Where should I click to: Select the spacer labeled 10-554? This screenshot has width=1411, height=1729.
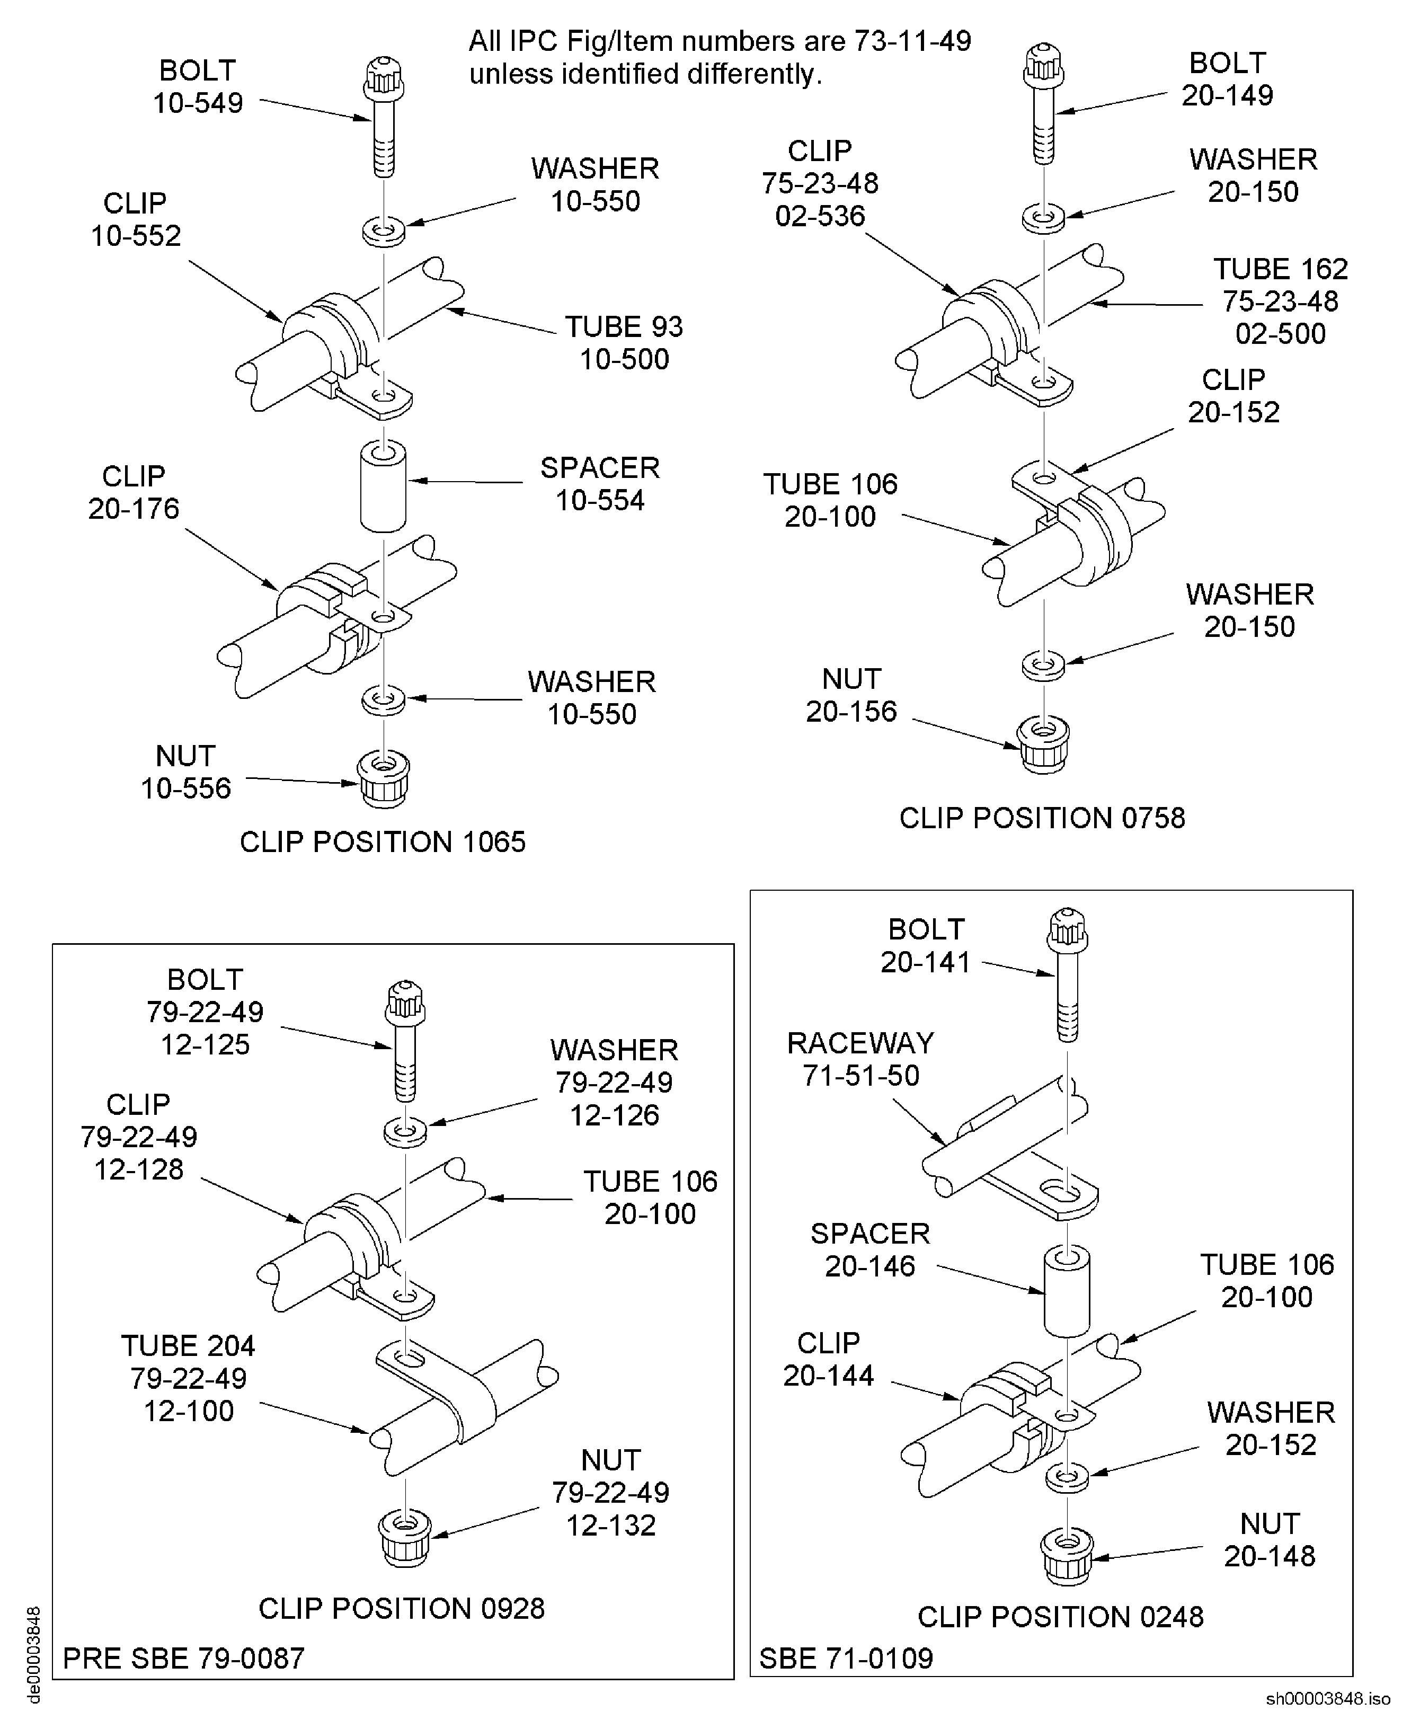coord(383,487)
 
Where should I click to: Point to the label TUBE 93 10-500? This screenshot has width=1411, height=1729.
coord(624,343)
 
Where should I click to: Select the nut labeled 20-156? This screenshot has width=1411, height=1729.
coord(1044,744)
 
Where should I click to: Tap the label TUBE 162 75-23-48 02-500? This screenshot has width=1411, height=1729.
coord(1280,302)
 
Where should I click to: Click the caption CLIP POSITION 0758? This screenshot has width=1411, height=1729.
coord(1042,818)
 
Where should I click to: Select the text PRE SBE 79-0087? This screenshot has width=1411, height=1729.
coord(184,1659)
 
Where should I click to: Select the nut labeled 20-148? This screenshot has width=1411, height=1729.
coord(1067,1557)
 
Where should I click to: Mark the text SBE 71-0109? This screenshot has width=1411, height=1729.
coord(846,1659)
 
